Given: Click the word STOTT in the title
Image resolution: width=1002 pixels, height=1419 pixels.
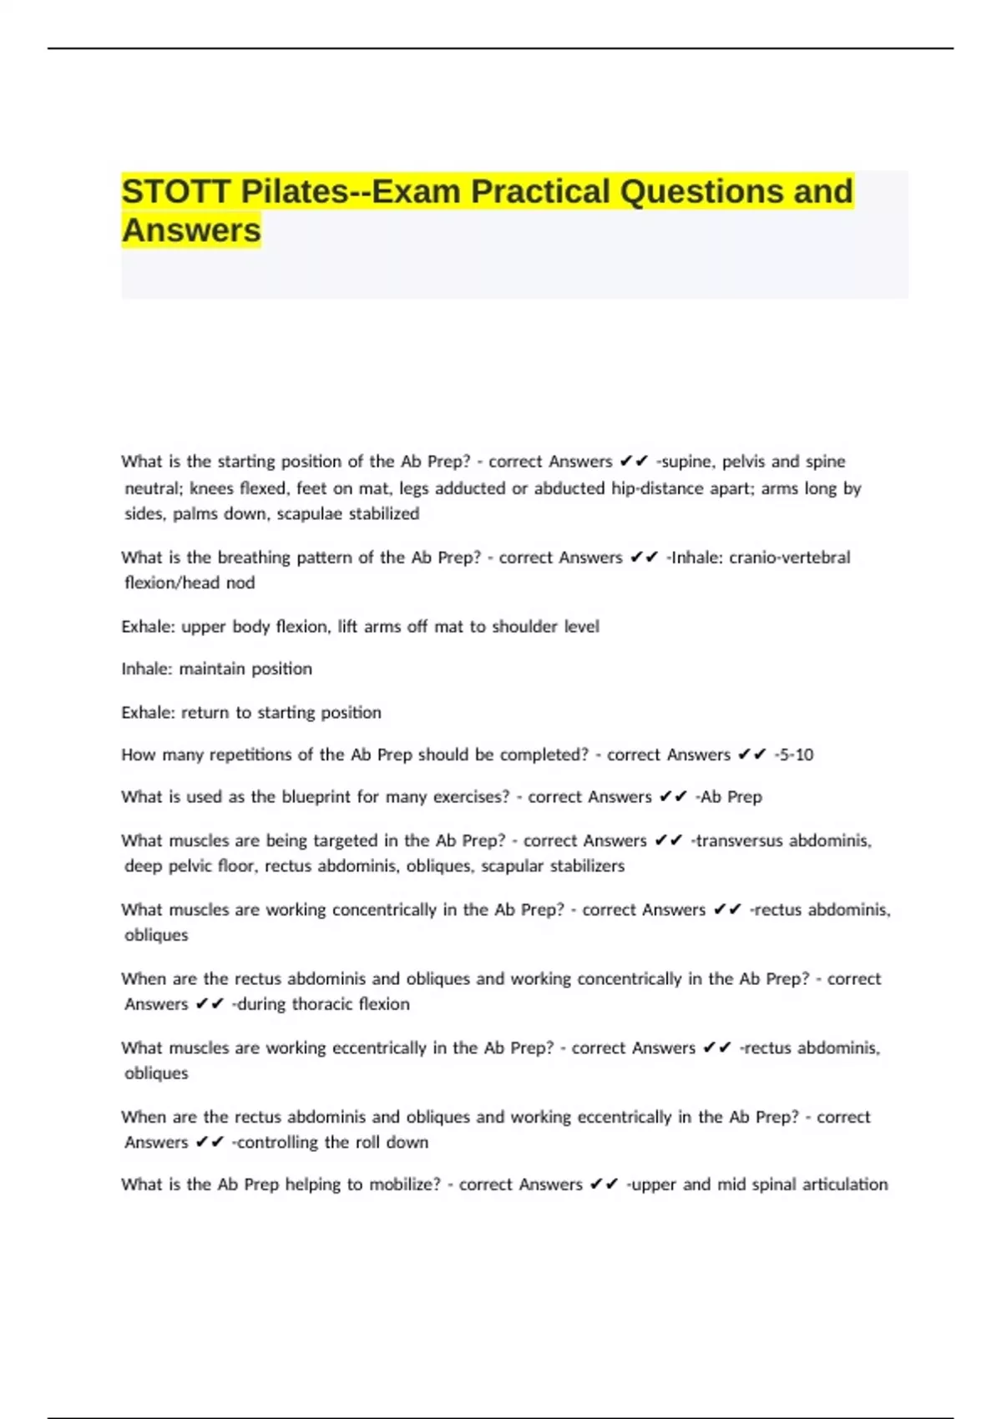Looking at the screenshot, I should point(175,191).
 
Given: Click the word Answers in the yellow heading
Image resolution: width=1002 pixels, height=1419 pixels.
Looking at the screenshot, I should point(191,230).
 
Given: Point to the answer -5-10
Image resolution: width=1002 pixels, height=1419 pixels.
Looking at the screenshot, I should point(794,755).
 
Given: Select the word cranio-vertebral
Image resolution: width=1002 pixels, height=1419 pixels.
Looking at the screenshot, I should point(790,558).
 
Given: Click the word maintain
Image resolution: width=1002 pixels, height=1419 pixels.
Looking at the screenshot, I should point(205,669).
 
